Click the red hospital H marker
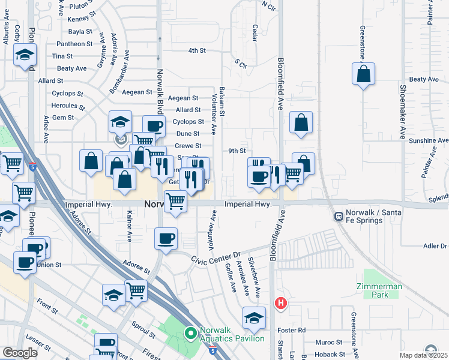(280, 304)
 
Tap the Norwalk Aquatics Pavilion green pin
(191, 332)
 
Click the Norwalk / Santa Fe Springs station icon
(339, 215)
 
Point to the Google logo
(20, 353)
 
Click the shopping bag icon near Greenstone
(363, 74)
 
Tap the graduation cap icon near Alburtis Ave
(25, 55)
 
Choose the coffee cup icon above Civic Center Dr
(166, 238)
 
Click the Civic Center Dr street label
(215, 258)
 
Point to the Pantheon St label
(74, 44)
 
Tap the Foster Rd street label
(293, 330)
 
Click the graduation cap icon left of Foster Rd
(254, 318)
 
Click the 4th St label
(197, 50)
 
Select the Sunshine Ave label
(429, 140)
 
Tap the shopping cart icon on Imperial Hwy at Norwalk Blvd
(175, 201)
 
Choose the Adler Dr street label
(435, 246)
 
